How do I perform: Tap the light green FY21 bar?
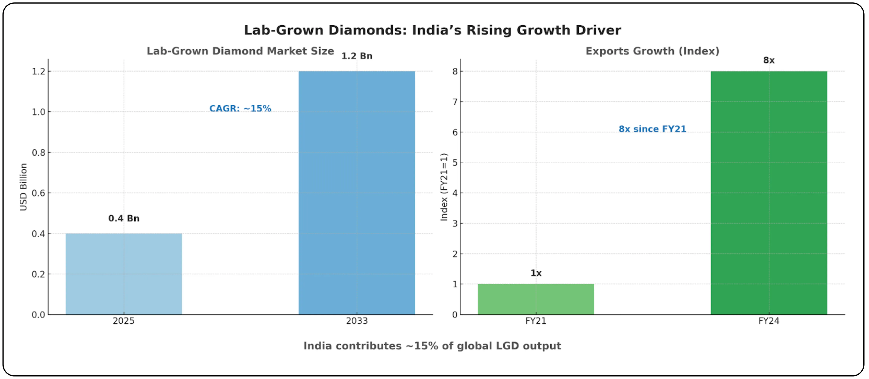(536, 299)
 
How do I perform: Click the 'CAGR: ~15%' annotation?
(240, 109)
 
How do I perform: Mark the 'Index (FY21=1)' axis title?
(444, 187)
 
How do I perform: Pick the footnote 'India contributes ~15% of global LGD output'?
(432, 346)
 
